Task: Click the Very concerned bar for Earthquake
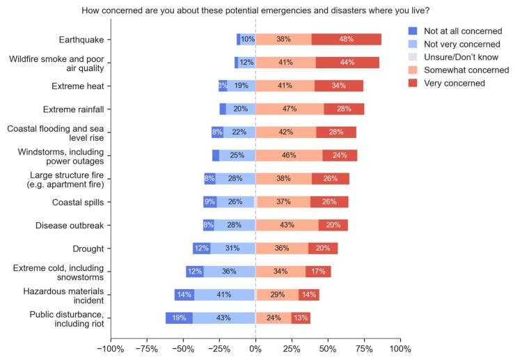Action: [x=346, y=39]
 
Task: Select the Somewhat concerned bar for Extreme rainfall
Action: [x=290, y=109]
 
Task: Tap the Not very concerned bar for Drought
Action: [x=232, y=249]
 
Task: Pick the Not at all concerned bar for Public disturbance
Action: [x=179, y=318]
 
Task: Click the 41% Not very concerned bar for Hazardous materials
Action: [x=223, y=295]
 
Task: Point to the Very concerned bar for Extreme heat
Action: [x=339, y=86]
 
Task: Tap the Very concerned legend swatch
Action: [x=413, y=84]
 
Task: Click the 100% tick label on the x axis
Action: [x=400, y=348]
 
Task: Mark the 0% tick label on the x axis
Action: [x=255, y=348]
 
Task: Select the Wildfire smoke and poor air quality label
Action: [x=57, y=63]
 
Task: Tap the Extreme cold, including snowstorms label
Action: [x=58, y=272]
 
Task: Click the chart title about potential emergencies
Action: [x=255, y=10]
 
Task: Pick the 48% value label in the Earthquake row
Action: [x=346, y=39]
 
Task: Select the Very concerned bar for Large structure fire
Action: [x=330, y=178]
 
